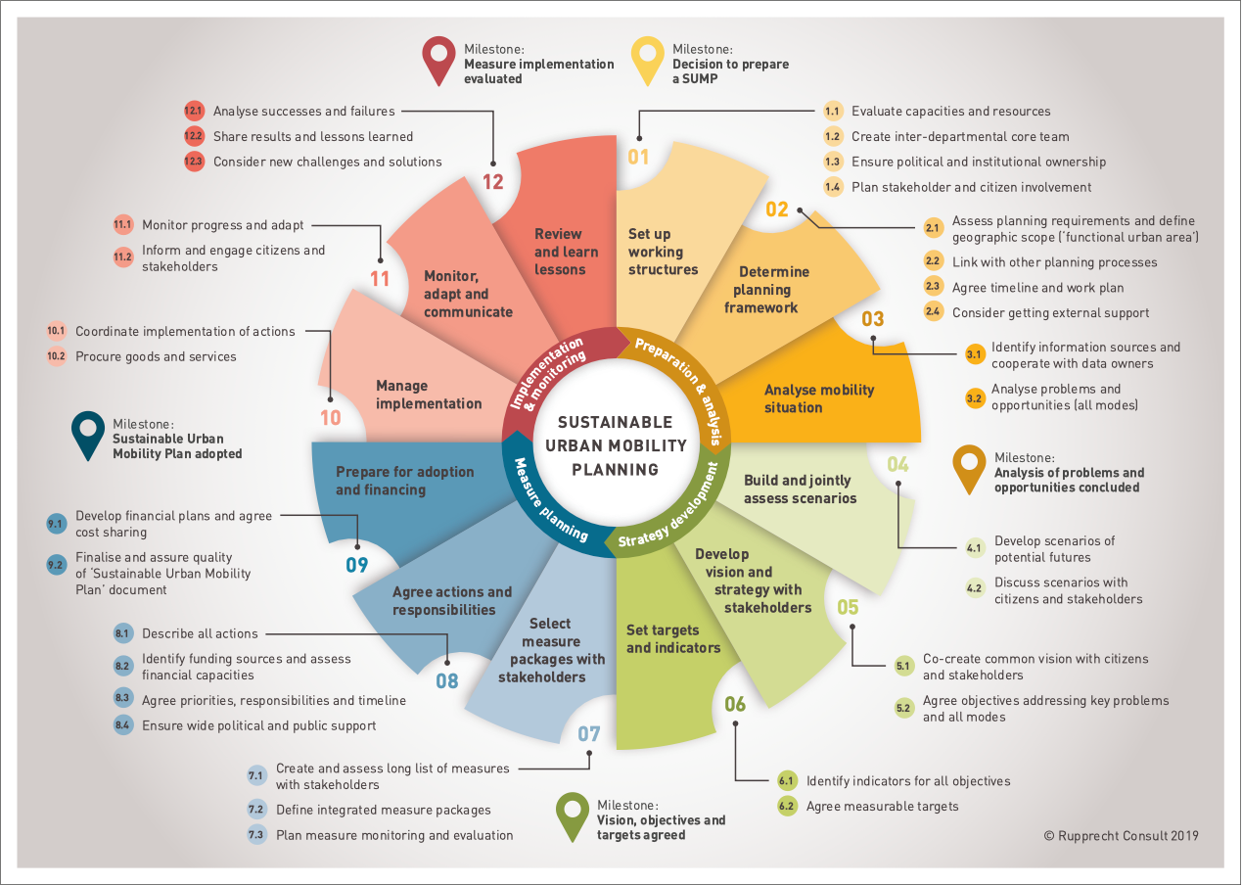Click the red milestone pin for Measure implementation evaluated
438,61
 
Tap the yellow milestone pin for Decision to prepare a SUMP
647,61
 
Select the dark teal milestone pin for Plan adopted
88,436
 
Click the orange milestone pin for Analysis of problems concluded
969,470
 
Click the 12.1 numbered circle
194,111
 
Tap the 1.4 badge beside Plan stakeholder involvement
832,187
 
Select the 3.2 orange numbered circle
974,398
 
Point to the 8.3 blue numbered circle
122,698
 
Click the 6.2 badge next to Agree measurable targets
786,806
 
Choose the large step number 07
589,733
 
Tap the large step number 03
872,319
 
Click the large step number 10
331,418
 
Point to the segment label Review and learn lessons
566,252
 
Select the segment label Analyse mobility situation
819,398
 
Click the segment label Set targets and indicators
673,639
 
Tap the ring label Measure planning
549,499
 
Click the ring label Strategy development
669,506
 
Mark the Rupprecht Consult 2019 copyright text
1121,836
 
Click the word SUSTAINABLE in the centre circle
615,423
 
